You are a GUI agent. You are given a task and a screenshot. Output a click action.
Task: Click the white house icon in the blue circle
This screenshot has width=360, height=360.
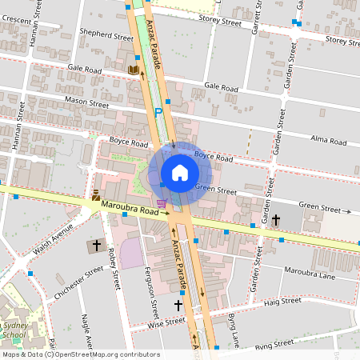click(180, 173)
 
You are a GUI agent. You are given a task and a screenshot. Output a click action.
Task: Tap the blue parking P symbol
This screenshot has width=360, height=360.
click(158, 113)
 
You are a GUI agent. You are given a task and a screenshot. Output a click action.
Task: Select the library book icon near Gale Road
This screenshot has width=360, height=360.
click(133, 70)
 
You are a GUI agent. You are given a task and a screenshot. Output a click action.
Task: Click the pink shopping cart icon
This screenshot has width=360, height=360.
click(162, 203)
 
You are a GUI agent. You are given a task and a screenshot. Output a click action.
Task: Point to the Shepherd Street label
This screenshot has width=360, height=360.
click(107, 36)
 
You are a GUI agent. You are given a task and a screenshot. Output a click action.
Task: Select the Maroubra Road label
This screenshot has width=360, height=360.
click(130, 209)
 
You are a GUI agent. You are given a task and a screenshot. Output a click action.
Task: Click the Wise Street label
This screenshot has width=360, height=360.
click(166, 323)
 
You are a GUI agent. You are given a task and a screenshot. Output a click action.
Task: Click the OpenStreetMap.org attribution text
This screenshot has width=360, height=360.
click(106, 354)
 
